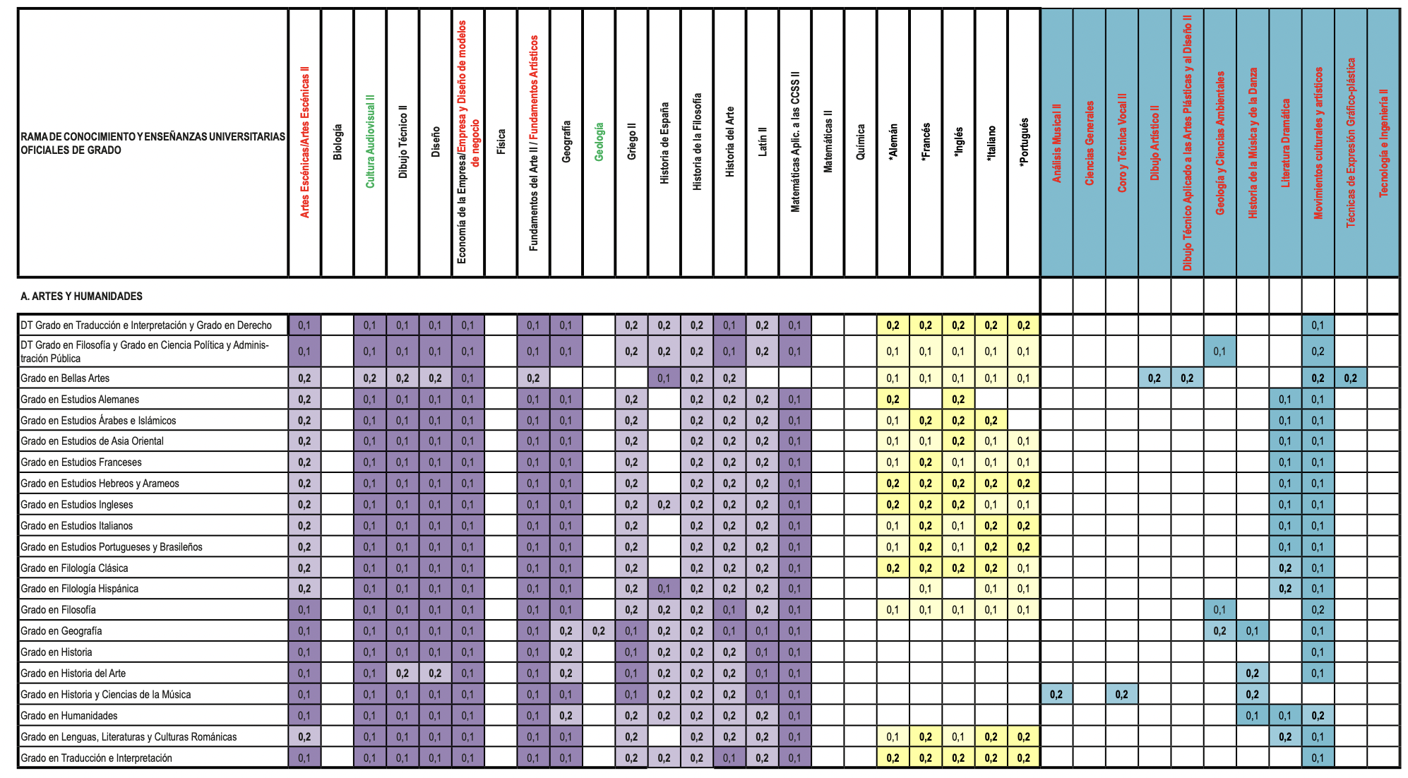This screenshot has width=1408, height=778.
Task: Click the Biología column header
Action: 338,142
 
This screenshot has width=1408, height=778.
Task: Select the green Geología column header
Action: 599,142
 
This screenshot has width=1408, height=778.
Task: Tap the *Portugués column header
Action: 1024,142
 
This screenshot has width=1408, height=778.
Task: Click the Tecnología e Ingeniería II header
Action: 1383,142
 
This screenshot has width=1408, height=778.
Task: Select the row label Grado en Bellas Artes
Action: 65,378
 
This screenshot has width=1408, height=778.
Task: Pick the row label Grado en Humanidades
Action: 68,716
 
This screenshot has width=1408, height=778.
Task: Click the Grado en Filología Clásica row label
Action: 74,568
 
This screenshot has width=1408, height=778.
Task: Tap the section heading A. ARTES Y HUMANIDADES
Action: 81,297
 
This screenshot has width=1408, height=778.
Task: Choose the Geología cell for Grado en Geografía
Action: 599,631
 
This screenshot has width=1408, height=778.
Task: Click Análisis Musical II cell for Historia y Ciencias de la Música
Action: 1056,695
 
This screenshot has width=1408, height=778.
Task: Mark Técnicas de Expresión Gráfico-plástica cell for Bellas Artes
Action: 1351,378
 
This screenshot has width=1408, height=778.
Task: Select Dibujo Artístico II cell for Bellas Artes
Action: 1155,378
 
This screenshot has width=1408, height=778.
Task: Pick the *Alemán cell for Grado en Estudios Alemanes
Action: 893,400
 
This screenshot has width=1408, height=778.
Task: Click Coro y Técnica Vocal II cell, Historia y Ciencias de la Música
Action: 1122,695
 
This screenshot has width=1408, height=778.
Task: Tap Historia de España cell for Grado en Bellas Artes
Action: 664,378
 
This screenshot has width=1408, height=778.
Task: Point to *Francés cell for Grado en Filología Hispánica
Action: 926,589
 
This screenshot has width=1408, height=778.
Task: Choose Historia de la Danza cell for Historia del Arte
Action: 1253,674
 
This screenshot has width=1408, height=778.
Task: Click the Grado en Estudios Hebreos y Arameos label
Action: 100,484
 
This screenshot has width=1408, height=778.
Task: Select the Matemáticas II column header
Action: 828,142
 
